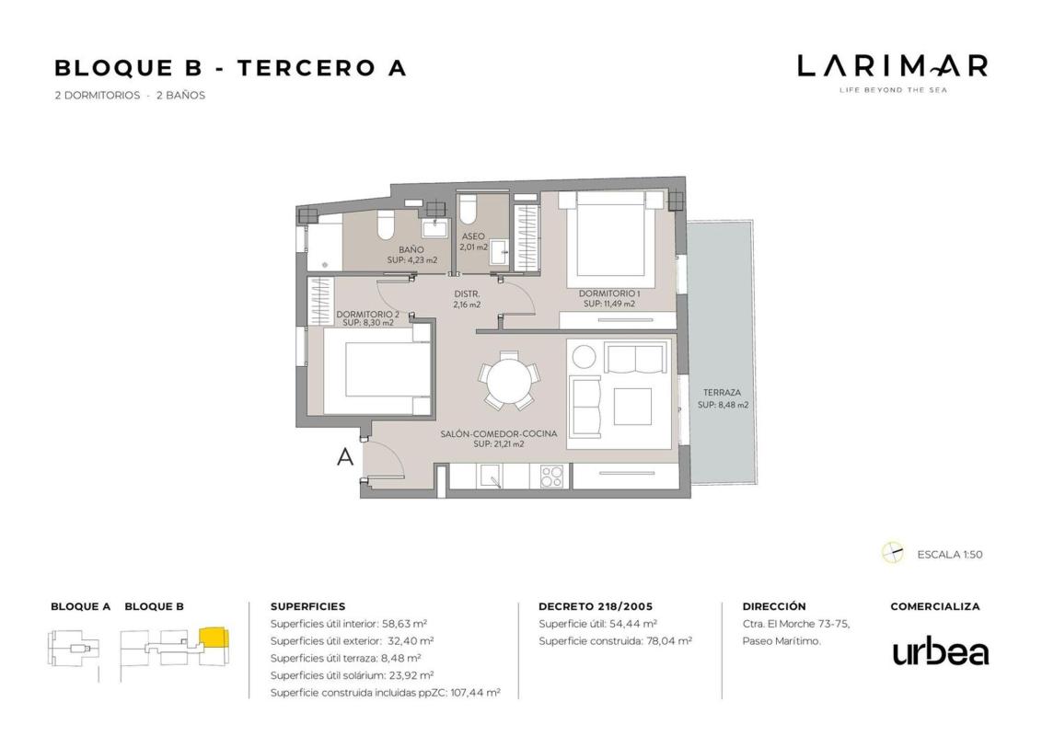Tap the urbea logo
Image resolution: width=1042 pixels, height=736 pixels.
pos(940,652)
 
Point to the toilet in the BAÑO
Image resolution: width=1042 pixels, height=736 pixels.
pos(386,225)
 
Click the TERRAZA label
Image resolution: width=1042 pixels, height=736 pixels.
pos(722,393)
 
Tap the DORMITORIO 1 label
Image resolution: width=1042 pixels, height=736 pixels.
pos(608,293)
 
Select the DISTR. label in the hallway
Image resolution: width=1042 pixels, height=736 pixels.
pos(467,293)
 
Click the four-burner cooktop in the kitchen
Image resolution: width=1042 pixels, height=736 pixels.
pos(551,476)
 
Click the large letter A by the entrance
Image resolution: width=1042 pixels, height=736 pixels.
pos(345,456)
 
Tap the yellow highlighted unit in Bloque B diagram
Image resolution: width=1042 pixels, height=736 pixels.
pos(214,637)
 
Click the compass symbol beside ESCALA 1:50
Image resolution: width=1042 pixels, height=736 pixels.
pos(893,553)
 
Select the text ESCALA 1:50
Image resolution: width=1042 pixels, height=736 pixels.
pos(950,554)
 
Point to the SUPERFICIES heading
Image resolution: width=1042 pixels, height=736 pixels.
pos(307,606)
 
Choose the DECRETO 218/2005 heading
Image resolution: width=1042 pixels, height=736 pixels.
pos(596,606)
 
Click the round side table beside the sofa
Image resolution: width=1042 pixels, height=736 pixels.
pos(585,357)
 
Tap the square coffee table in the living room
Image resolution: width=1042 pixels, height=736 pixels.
pos(632,407)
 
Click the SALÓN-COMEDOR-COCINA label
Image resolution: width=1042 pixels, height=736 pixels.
pos(498,433)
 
